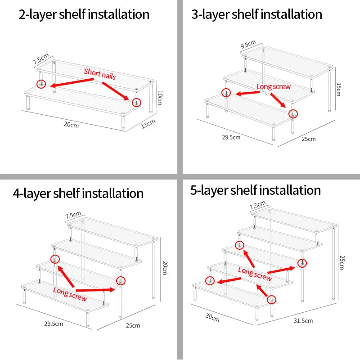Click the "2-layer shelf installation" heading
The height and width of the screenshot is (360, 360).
(x=84, y=15)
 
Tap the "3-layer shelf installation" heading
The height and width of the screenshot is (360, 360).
(x=256, y=15)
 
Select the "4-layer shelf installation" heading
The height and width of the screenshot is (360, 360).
(x=78, y=193)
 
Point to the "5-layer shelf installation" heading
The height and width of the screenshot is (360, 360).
(x=256, y=190)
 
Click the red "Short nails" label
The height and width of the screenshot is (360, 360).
(x=99, y=74)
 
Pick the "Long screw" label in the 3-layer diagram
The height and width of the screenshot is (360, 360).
(x=274, y=86)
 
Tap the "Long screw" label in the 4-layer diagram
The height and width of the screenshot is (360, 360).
(x=70, y=294)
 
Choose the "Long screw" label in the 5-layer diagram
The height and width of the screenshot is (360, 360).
(x=255, y=274)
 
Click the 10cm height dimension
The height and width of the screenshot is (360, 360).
(x=160, y=98)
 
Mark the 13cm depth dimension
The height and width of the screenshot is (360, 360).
(x=148, y=124)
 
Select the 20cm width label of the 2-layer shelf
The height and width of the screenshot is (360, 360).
(x=71, y=125)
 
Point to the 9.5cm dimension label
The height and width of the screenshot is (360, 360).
(x=248, y=44)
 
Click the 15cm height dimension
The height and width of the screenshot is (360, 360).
(x=338, y=90)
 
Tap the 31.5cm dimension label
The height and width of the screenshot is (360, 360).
(x=303, y=320)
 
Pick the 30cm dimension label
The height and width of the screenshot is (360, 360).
(x=212, y=318)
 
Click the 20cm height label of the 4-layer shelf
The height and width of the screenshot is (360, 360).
(x=165, y=268)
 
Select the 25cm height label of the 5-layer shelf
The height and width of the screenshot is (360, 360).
(x=342, y=262)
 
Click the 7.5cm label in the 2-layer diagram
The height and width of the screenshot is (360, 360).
(x=40, y=59)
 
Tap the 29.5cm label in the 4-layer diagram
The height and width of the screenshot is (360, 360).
(x=54, y=324)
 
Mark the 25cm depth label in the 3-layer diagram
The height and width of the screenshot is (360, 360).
(x=309, y=139)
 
